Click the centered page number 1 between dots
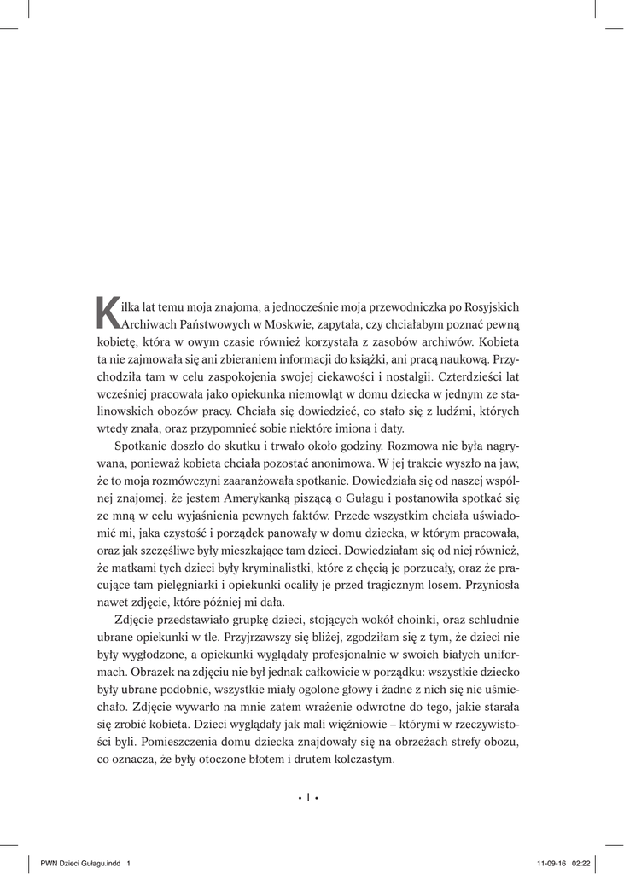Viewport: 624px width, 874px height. pyautogui.click(x=308, y=799)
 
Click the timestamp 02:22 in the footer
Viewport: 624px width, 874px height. pyautogui.click(x=580, y=862)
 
